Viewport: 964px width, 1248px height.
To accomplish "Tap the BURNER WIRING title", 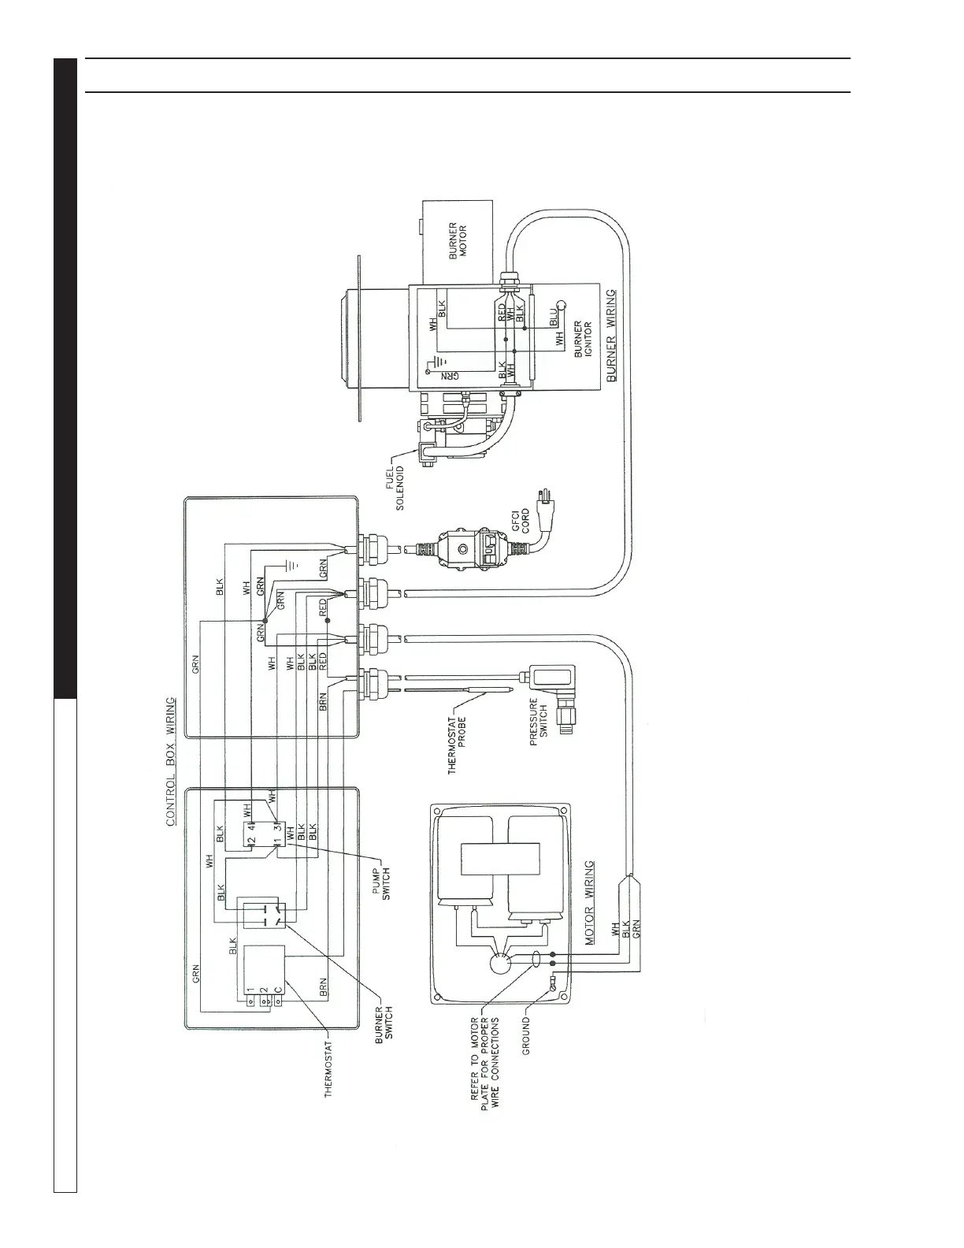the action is click(612, 336).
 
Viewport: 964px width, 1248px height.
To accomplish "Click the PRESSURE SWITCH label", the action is click(539, 722).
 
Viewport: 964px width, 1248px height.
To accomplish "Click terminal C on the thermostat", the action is click(277, 1002).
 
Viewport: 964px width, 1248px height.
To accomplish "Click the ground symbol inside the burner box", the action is click(431, 366).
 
